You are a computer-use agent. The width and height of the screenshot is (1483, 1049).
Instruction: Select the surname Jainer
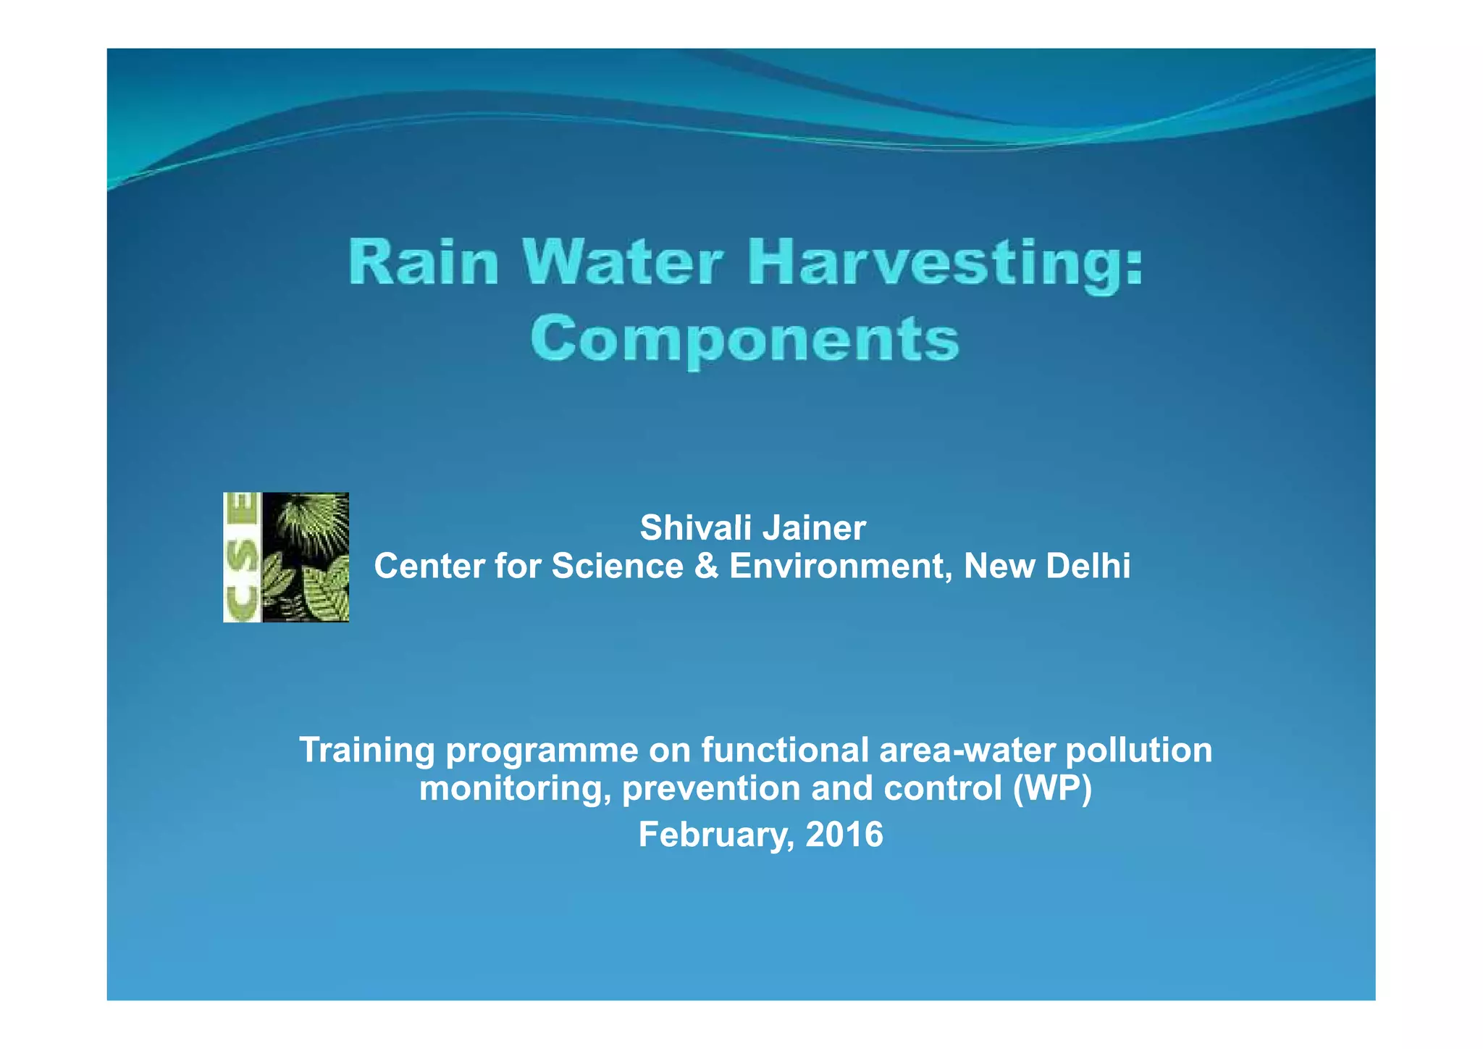pos(825,528)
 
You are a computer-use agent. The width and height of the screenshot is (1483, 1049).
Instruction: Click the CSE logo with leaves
pos(286,557)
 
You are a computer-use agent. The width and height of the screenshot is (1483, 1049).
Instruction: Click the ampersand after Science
pos(706,566)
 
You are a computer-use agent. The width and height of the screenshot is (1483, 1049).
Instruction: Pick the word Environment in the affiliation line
pos(841,566)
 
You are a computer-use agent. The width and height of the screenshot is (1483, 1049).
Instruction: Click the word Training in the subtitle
pos(366,750)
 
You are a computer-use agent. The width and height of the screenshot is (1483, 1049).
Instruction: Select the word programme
pos(542,751)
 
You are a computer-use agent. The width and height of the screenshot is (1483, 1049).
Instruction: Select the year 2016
pos(844,835)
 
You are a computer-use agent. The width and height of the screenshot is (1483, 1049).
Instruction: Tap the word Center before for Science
pos(429,566)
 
